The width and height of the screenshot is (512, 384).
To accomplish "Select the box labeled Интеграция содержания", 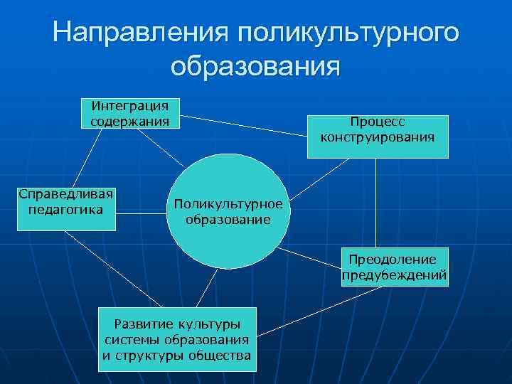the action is point(130,114).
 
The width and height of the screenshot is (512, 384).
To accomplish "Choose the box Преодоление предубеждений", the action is point(395,266).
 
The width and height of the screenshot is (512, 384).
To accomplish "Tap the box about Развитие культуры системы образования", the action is point(178,340).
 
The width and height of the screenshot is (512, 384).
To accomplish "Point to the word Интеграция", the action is point(130,106).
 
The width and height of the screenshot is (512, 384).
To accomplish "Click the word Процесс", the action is point(378,122).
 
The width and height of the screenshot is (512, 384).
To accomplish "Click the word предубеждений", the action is point(395,274).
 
